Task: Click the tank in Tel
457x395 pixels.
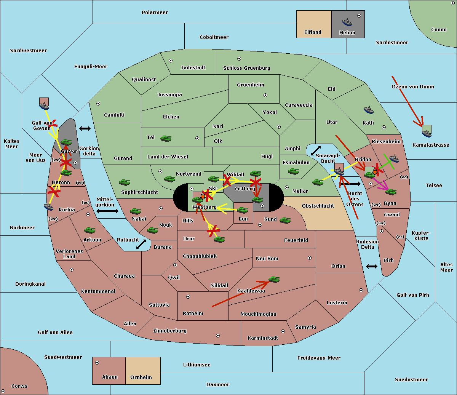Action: coord(166,139)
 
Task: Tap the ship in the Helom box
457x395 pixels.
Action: coord(347,22)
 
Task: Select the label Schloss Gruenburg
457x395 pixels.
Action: coord(247,68)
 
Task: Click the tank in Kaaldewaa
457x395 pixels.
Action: coord(274,280)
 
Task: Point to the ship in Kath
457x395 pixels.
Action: coord(369,110)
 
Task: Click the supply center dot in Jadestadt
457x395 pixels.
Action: coord(171,61)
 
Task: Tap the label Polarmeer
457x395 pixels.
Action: coord(155,13)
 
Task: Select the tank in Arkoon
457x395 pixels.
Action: coord(90,230)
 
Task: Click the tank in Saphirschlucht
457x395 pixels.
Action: coord(124,182)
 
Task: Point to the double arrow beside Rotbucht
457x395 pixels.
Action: coord(141,245)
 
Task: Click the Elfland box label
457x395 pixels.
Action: coord(313,32)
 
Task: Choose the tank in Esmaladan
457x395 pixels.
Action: coord(293,171)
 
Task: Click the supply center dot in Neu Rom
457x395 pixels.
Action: coord(310,258)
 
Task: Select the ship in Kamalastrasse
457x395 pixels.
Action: coord(427,133)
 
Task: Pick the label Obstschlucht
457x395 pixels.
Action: coord(318,206)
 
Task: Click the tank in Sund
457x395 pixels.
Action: coord(285,220)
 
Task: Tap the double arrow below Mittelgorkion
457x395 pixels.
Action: coord(107,211)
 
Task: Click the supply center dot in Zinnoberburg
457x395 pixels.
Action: coord(218,336)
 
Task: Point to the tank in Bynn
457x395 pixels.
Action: coord(391,192)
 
